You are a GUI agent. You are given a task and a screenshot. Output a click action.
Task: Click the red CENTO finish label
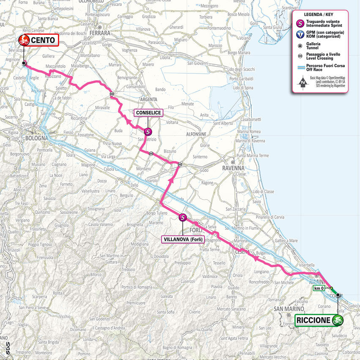38,41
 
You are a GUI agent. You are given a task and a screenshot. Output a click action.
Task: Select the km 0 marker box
319,288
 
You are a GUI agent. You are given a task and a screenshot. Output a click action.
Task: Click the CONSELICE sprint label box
148,113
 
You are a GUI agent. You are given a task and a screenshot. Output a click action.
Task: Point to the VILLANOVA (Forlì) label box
183,240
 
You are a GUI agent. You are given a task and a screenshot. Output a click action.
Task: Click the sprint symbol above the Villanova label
183,218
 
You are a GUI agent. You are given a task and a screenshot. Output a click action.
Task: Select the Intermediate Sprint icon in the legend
300,23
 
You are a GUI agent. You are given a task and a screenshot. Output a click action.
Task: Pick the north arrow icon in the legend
303,83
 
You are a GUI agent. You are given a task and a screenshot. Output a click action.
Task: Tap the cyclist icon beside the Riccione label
337,320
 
